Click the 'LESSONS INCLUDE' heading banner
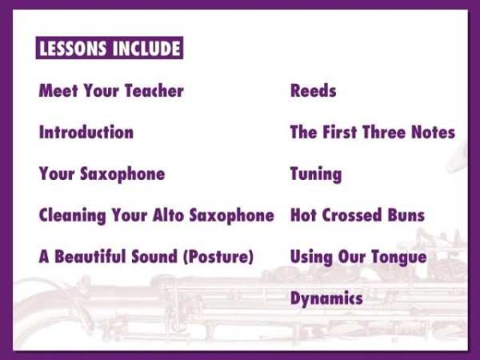click(110, 48)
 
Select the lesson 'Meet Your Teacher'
click(111, 90)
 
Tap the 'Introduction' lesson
click(86, 132)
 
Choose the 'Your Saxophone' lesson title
click(102, 174)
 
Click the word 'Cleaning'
click(73, 215)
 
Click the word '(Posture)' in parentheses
click(218, 257)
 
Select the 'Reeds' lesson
click(313, 90)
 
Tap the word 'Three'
click(384, 132)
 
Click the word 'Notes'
click(433, 132)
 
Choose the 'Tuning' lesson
click(316, 174)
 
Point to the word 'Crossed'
click(352, 215)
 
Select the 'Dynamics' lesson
click(326, 298)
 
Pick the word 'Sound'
click(154, 257)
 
